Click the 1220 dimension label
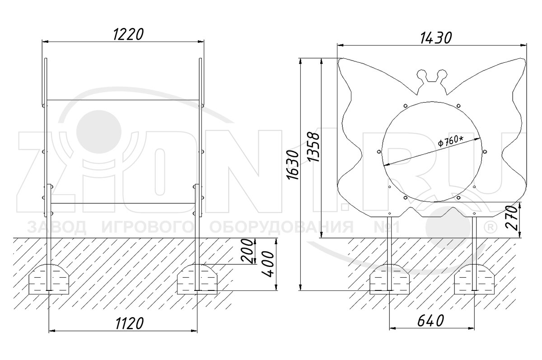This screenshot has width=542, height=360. pos(128,34)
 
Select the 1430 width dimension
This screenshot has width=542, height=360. pos(436,38)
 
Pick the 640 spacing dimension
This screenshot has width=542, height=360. pos(431,321)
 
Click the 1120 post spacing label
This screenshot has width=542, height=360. pos(130,323)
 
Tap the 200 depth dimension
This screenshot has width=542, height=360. pos(247,251)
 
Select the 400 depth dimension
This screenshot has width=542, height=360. pos(268,264)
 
